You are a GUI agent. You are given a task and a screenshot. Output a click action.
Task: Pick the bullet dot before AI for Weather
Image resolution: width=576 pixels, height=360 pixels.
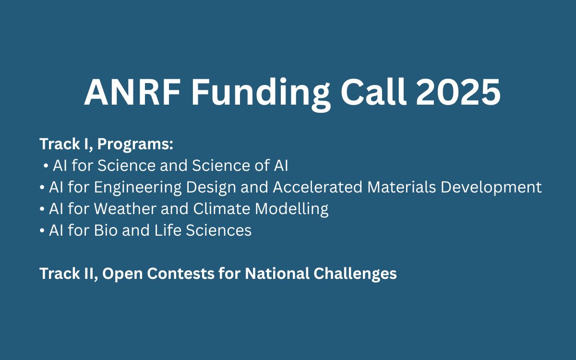42,209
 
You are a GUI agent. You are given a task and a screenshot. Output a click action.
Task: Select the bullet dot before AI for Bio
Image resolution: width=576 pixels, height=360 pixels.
42,231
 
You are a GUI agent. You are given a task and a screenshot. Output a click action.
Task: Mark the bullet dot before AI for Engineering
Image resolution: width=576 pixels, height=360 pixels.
42,188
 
